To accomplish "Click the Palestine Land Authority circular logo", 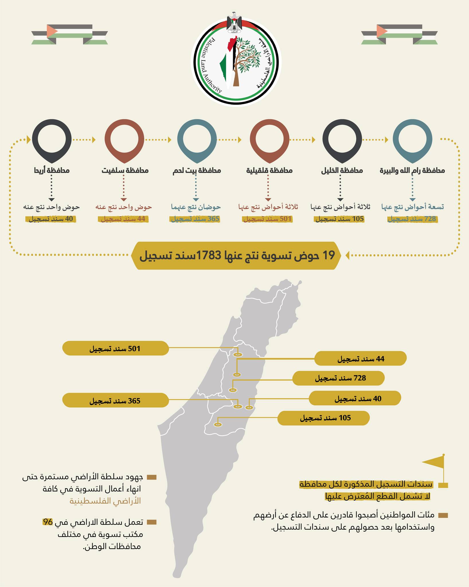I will coord(236,63).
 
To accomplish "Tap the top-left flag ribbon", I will coord(70,34).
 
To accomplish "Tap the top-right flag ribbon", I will coord(399,34).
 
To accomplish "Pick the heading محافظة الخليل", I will coord(341,171).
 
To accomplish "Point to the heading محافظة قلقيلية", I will coord(269,171).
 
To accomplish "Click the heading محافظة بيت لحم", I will coord(197,171).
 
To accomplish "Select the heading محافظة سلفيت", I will coord(125,171).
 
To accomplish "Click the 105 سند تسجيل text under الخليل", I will coord(340,219).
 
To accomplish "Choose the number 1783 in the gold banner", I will coord(208,255).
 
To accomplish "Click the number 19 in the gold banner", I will coord(329,255).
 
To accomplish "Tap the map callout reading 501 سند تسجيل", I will coord(116,348).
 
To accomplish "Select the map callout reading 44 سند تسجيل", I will coord(360,359).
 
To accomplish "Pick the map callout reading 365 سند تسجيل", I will coord(116,400).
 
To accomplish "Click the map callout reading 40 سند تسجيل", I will coord(355,398).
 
